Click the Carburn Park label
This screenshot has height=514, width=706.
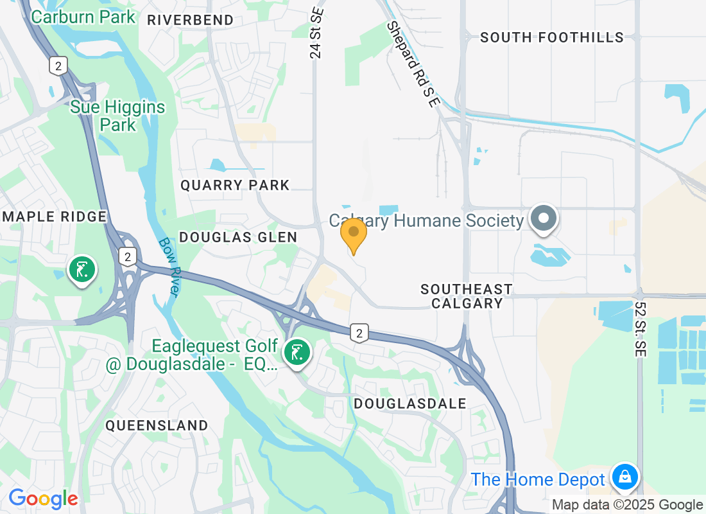coord(83,16)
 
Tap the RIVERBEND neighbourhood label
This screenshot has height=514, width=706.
coord(190,20)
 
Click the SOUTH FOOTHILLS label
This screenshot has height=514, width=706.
coord(552,37)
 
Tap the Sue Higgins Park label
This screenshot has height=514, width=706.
coord(117,116)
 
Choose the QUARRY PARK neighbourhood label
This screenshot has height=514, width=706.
coord(235,186)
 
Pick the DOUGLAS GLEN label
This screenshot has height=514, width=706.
coord(238,237)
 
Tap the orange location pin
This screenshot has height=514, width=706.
coord(353,235)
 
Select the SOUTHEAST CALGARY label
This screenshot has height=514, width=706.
coord(467,296)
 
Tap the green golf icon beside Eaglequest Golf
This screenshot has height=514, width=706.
coord(297,353)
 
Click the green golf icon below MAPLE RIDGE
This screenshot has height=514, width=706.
coord(82,270)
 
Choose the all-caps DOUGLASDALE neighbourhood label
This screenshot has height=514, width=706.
coord(410,403)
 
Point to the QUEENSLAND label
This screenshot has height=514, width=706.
coord(157,425)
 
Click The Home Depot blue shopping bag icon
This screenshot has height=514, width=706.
coord(623,477)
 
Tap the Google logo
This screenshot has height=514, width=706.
coord(44,498)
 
